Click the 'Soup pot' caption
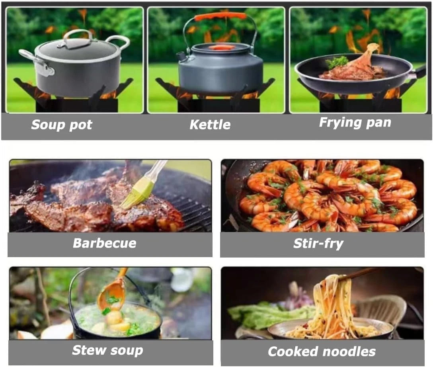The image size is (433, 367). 62,125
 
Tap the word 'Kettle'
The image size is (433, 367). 210,125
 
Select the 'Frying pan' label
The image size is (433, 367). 355,123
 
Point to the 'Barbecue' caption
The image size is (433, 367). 105,243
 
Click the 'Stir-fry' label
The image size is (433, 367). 318,244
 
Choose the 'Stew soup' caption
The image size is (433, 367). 108,350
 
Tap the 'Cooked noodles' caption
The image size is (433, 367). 322,351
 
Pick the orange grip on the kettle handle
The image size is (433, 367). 220,16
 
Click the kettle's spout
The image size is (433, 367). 181,57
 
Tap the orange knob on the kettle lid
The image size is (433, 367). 220,47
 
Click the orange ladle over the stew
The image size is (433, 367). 112,295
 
